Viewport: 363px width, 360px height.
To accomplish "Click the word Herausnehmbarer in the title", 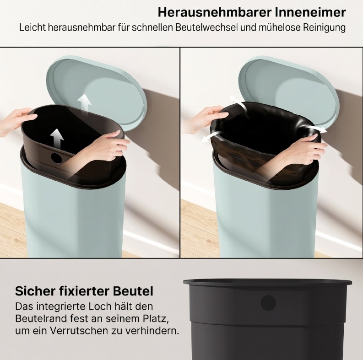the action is click(215, 12).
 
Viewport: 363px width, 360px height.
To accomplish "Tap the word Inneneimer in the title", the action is click(310, 12).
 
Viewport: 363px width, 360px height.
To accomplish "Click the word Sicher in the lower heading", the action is click(35, 291).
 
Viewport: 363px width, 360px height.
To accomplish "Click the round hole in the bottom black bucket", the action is click(268, 303).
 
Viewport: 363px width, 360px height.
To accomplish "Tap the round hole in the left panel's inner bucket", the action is click(57, 157).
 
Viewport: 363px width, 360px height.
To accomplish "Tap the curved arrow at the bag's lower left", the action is click(212, 136).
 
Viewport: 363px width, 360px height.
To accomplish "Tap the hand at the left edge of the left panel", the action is click(16, 121).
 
